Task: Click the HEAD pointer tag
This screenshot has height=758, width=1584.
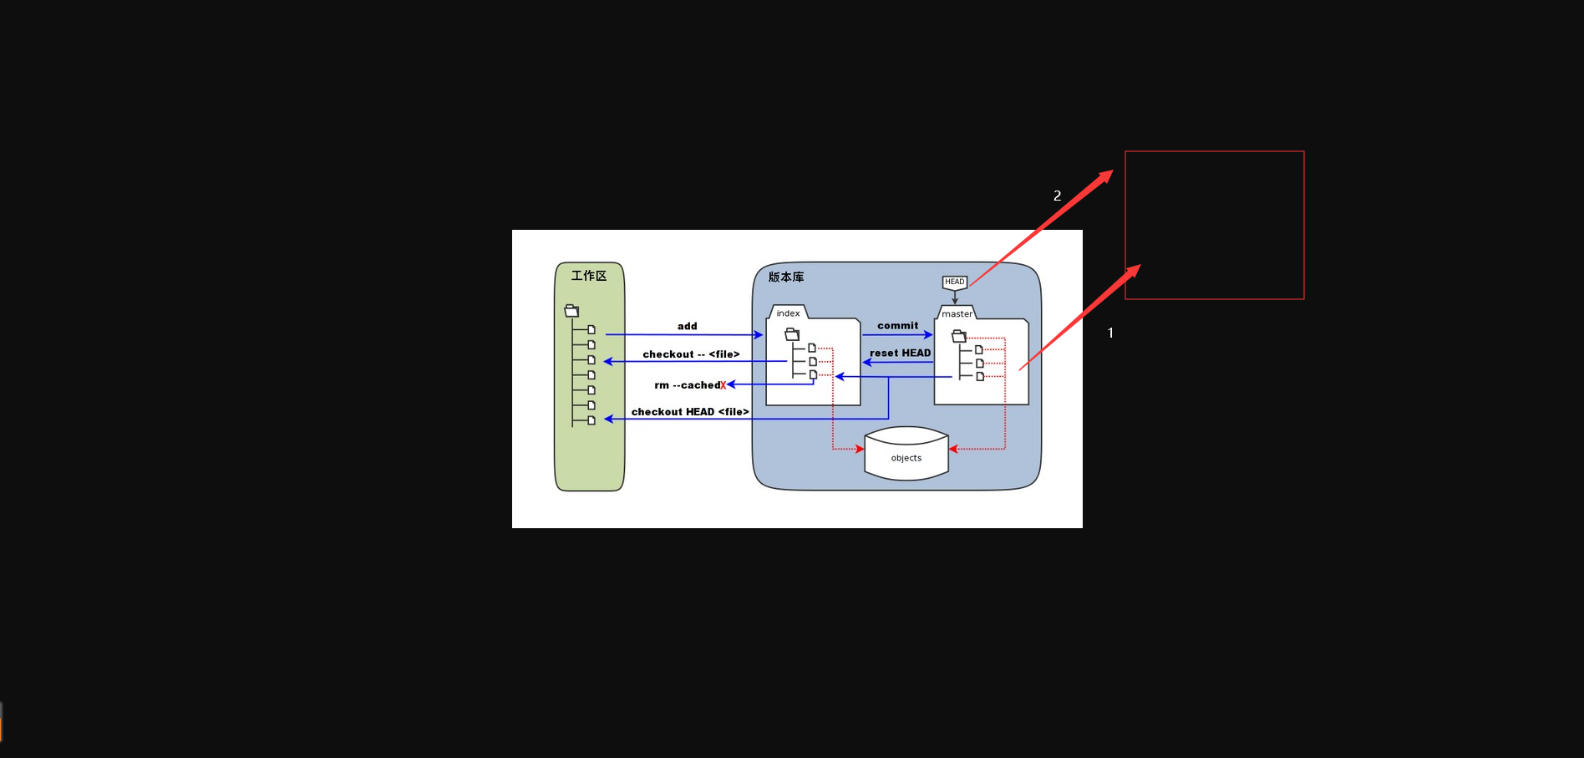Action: (x=954, y=282)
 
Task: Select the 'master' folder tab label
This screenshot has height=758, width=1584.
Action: (x=957, y=314)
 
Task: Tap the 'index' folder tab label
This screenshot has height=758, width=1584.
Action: (x=788, y=313)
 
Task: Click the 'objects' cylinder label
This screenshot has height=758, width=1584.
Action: (x=906, y=458)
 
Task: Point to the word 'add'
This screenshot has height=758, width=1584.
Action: (x=687, y=326)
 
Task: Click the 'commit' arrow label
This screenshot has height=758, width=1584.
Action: (x=897, y=325)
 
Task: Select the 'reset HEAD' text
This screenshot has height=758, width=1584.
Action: (x=900, y=353)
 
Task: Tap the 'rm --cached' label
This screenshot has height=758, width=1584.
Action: (x=687, y=385)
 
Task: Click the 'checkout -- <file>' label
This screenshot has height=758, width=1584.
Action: (x=691, y=354)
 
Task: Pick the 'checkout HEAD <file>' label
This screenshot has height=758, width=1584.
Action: (x=690, y=412)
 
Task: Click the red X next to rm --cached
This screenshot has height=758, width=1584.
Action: (x=723, y=385)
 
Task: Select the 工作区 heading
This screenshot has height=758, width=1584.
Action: (x=589, y=276)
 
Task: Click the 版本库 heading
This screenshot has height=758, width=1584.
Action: (x=786, y=277)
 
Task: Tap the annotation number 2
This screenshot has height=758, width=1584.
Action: (x=1057, y=196)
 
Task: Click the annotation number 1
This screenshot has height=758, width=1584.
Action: (x=1110, y=333)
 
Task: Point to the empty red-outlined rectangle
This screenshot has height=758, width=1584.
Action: (x=1214, y=225)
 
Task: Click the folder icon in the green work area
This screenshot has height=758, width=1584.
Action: (x=571, y=311)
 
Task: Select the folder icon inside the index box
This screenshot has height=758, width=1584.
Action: (x=792, y=334)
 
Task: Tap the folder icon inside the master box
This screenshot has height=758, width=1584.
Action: (x=959, y=336)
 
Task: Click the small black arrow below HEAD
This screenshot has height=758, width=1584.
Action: (x=955, y=297)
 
